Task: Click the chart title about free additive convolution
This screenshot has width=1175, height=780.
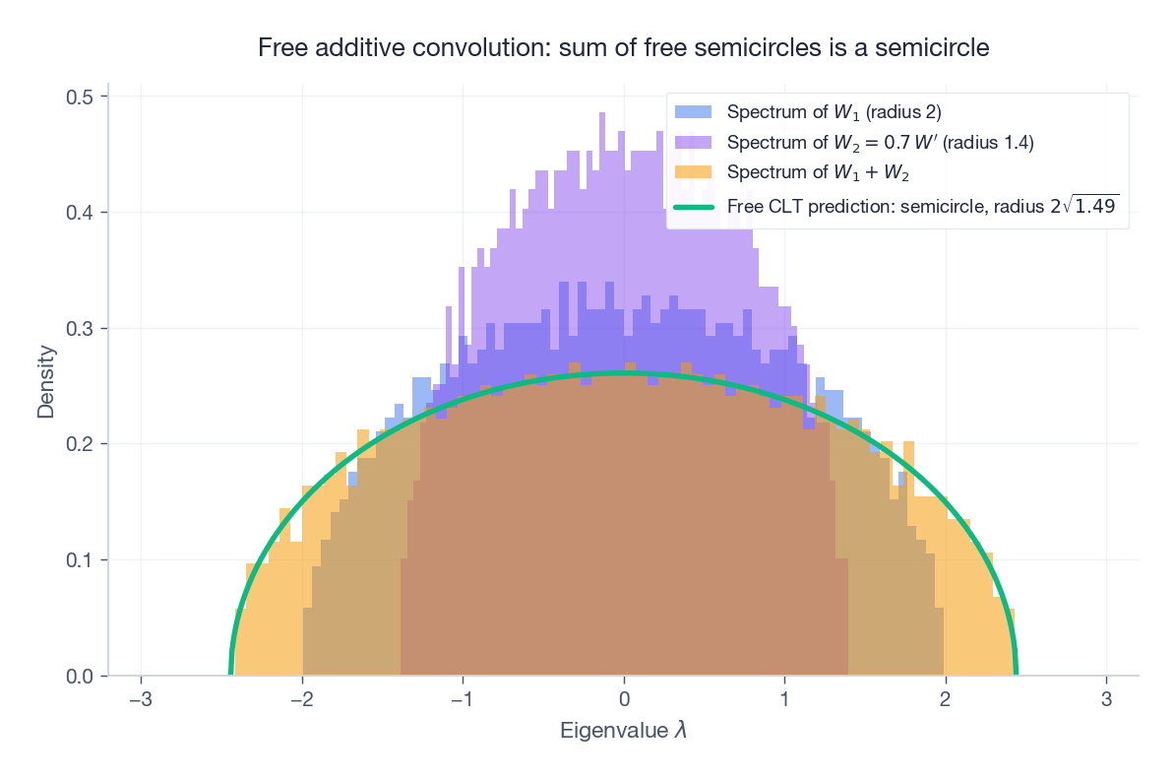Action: pos(623,47)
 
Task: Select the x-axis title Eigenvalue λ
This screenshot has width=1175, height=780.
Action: pos(623,731)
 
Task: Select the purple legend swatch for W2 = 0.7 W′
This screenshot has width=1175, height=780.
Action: pos(693,142)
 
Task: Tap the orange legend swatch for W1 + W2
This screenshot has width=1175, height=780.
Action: pos(693,173)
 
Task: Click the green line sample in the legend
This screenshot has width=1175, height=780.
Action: pos(693,206)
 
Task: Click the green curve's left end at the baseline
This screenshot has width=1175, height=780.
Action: pos(231,674)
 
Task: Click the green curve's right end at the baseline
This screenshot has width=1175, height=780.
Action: pos(1016,674)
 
